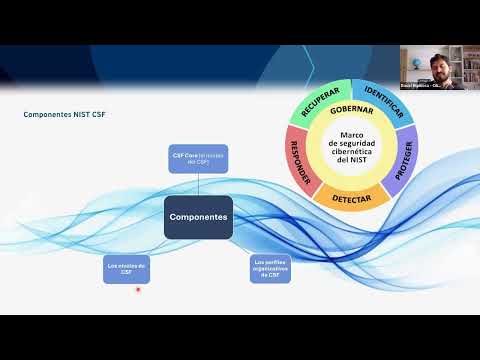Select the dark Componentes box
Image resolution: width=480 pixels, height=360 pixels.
197,216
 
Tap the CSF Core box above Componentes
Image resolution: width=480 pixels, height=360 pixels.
199,158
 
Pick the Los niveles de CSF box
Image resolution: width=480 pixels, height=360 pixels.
126,268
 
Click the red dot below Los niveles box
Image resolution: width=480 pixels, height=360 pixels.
137,292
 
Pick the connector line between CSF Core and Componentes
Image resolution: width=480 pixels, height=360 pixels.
199,184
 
